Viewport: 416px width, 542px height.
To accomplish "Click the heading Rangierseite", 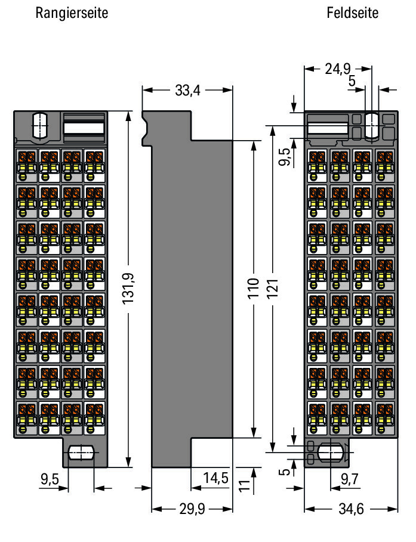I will coord(72,13).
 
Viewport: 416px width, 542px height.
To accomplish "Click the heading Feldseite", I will coord(352,13).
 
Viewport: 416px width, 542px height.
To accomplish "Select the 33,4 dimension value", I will coord(187,91).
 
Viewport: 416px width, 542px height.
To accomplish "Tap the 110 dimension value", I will coord(254,289).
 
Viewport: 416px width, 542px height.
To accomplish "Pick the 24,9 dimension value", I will coord(338,69).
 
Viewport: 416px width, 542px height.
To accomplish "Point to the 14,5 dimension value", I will coord(216,478).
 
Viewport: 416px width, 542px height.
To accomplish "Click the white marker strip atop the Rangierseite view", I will coord(84,128).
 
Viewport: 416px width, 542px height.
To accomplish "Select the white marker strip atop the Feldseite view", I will coord(327,129).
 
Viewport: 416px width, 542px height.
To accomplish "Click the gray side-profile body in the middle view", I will coord(191,298).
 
